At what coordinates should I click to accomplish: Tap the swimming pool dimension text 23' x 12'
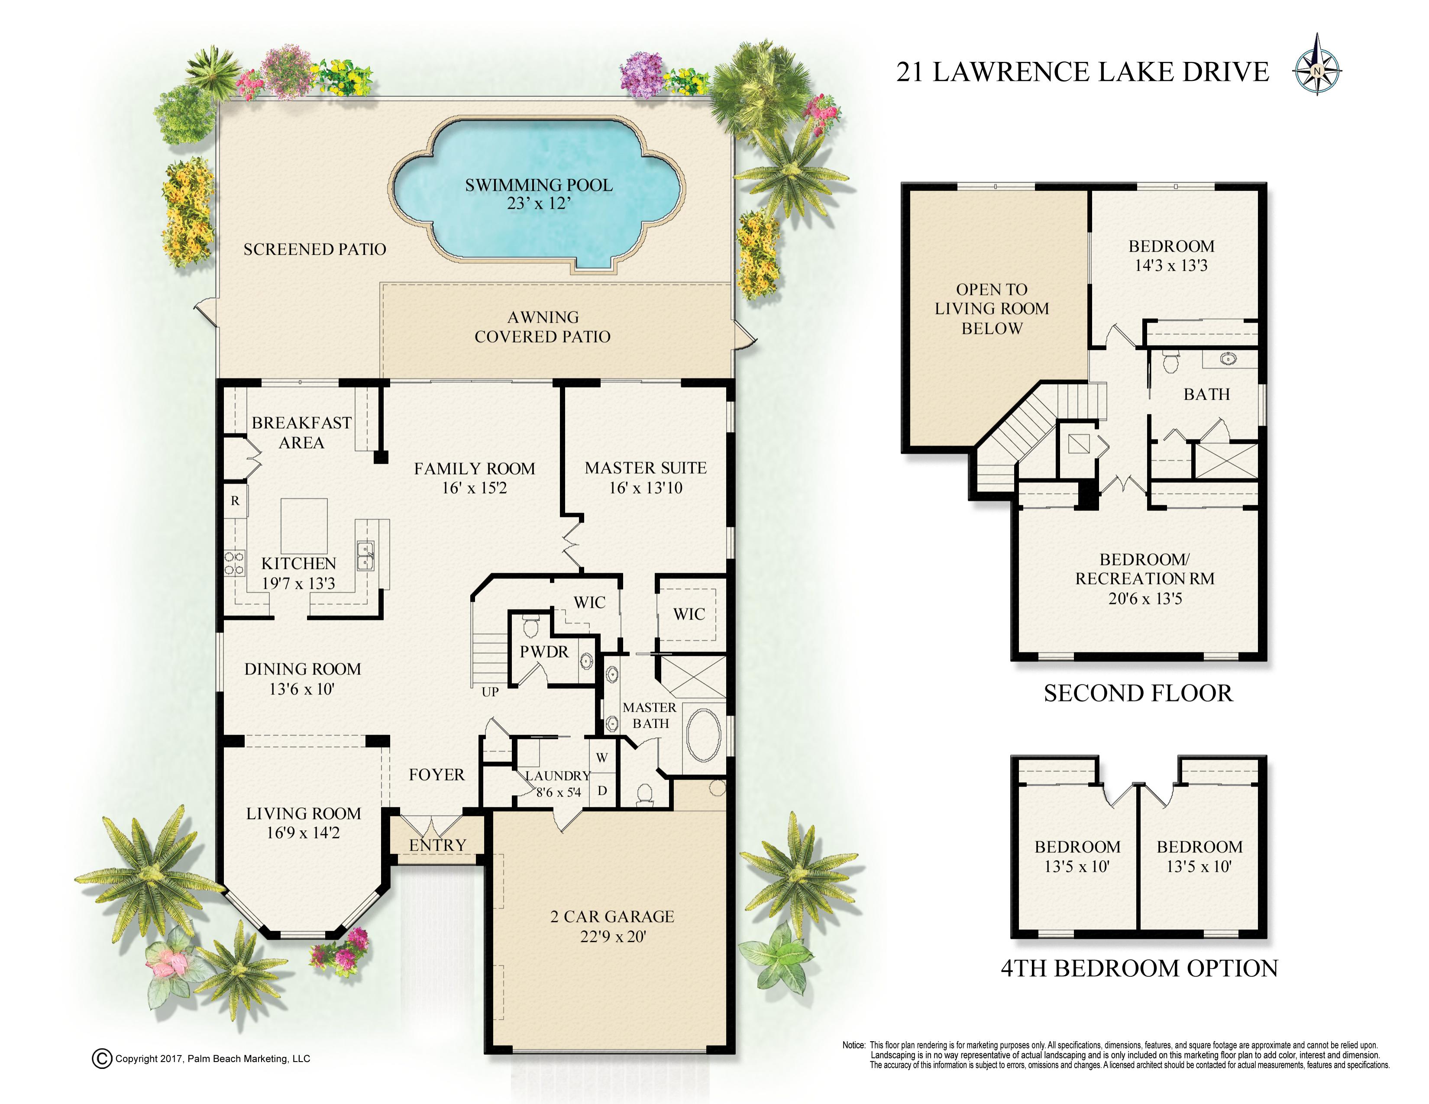coord(539,204)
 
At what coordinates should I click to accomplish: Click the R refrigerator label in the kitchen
coord(235,501)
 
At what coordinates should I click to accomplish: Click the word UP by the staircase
coord(490,692)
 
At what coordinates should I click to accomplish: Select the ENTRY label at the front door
coord(438,846)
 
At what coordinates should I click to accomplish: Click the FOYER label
coord(436,775)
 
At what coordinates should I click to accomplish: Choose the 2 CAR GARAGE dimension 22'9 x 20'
coord(613,936)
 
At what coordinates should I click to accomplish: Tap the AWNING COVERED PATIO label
coord(543,327)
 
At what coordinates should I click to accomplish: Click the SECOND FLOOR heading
coord(1138,693)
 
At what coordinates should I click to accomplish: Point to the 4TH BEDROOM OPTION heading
coord(1139,968)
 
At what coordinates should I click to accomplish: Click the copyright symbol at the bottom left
coord(102,1059)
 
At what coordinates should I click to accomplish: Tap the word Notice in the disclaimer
coord(854,1045)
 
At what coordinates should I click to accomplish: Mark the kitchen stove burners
coord(234,563)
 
